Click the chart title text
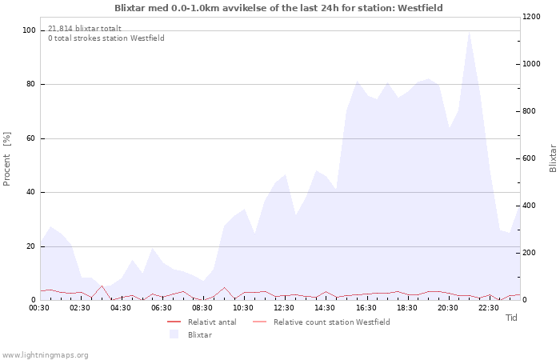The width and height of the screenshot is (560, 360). (x=278, y=8)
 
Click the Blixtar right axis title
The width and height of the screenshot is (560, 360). (x=552, y=158)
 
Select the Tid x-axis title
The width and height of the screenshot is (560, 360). (x=512, y=318)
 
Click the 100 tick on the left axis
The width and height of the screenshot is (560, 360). (x=29, y=30)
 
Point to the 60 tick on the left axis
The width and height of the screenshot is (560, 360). (x=31, y=138)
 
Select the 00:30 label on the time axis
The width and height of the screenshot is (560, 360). (x=39, y=307)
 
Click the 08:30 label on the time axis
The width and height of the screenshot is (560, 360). (x=202, y=307)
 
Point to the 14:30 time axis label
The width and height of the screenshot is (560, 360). (x=325, y=307)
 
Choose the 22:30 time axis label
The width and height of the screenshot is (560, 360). (x=488, y=307)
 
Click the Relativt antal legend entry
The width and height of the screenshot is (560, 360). (x=211, y=322)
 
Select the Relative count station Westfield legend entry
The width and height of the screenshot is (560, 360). (x=331, y=322)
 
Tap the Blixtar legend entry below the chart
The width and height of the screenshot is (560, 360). (x=200, y=334)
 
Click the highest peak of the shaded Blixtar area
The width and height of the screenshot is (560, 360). (x=468, y=32)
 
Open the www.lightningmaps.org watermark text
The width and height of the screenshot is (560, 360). (x=45, y=354)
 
